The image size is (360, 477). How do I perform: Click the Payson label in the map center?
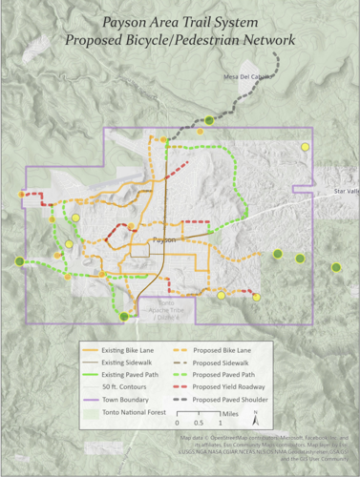pyautogui.click(x=164, y=240)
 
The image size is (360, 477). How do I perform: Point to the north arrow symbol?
pyautogui.click(x=256, y=418)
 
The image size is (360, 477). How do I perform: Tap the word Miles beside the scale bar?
pyautogui.click(x=232, y=414)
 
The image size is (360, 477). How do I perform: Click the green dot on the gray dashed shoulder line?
pyautogui.click(x=210, y=120)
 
